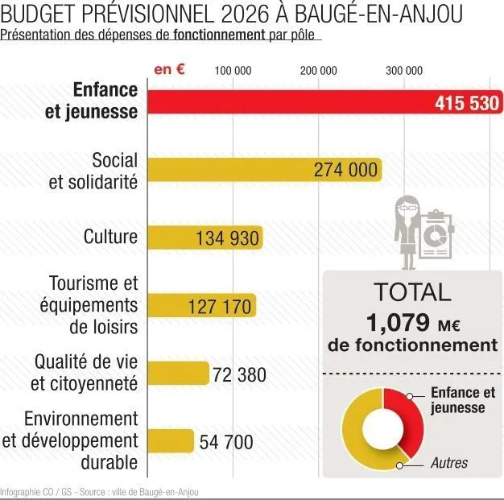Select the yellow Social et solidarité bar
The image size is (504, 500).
click(242, 170)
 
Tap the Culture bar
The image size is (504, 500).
click(206, 238)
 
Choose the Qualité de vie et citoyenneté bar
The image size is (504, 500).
click(180, 374)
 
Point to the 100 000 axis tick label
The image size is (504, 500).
click(233, 71)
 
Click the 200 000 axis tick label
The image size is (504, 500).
click(319, 71)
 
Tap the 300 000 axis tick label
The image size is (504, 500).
click(404, 71)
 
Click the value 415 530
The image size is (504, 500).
click(467, 103)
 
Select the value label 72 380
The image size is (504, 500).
click(239, 374)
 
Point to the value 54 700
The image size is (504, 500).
click(226, 442)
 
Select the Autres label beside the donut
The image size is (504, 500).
click(449, 463)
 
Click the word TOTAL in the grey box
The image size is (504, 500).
click(412, 292)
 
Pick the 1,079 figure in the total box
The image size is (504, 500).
click(398, 323)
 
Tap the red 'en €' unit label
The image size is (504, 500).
click(170, 69)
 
